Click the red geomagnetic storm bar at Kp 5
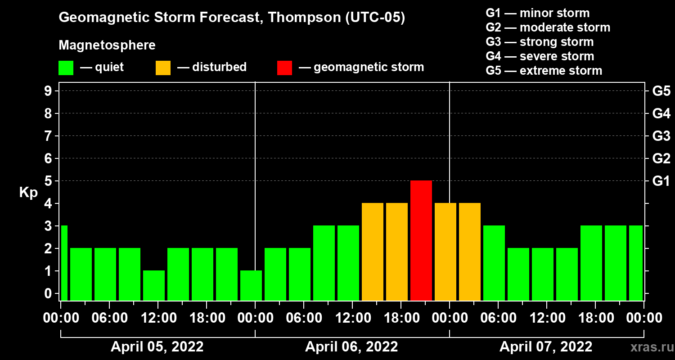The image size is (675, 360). (x=421, y=240)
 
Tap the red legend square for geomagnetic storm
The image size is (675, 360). (x=284, y=67)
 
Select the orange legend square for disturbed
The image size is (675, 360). (x=163, y=67)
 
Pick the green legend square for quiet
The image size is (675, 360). (x=66, y=67)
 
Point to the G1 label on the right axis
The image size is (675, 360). (x=661, y=181)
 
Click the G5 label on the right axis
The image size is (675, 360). (x=661, y=91)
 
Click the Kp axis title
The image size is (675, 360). (x=28, y=193)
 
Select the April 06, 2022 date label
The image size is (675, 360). (x=351, y=347)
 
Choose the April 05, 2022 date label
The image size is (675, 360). (x=157, y=347)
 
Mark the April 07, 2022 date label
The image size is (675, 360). (x=546, y=347)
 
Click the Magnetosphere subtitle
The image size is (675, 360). (x=107, y=45)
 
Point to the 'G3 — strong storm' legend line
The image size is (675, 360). (x=540, y=42)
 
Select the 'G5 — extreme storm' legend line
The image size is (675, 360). (x=544, y=71)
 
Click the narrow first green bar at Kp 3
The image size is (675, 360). (x=64, y=263)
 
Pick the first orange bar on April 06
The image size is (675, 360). (x=373, y=252)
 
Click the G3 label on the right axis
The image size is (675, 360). (x=661, y=136)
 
